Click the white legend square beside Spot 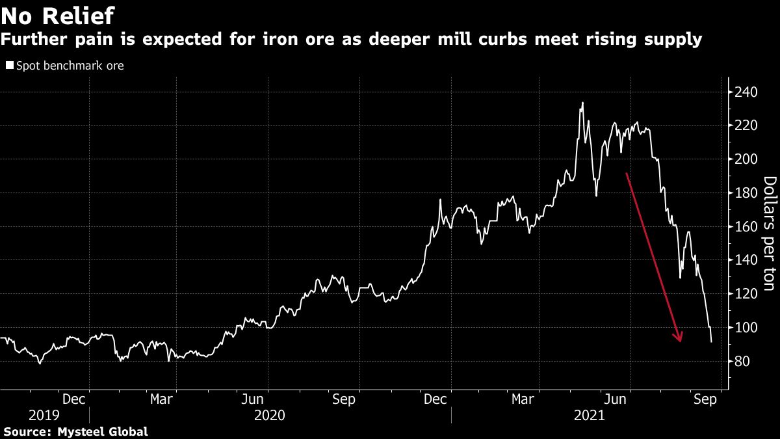tap(10, 66)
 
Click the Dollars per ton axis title tap(769, 227)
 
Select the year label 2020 tap(269, 414)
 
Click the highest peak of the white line tap(582, 103)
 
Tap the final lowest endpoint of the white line tap(711, 341)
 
